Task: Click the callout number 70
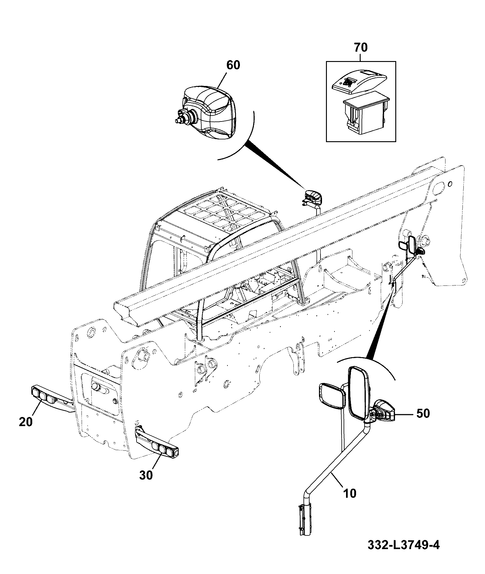coord(361,47)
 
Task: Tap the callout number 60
coord(233,65)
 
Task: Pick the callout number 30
coord(146,475)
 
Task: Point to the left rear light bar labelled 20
coord(53,398)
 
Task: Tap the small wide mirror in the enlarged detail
coord(332,396)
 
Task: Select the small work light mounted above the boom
coord(313,197)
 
